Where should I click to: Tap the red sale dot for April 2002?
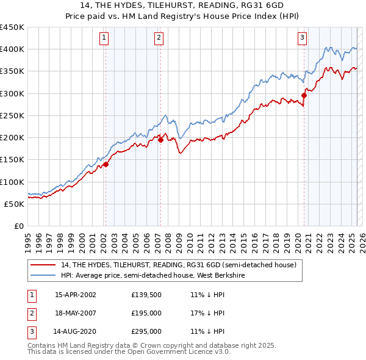tap(106, 164)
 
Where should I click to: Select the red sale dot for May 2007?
tap(160, 139)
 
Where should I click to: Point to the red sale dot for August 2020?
tap(304, 95)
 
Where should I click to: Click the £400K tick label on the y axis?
tap(13, 49)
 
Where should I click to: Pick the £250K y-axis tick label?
tap(13, 115)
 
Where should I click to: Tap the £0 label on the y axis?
tap(18, 226)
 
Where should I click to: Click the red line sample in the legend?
tap(43, 265)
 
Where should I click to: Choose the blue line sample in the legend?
tap(43, 275)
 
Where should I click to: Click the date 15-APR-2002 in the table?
tap(76, 295)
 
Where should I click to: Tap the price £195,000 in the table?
tap(146, 313)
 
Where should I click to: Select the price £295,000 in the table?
tap(146, 331)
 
